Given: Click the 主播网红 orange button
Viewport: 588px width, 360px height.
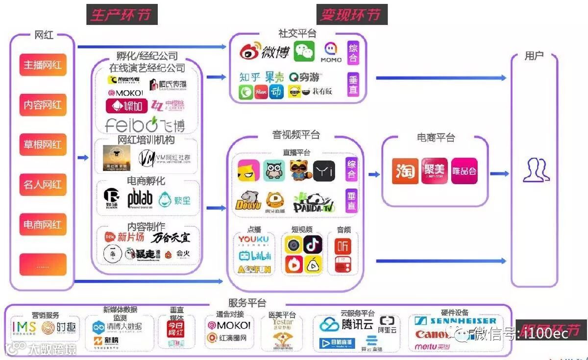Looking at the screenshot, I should pos(43,65).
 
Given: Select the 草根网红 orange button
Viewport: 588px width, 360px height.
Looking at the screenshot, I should pos(43,145).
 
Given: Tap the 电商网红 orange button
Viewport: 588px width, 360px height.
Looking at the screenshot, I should pos(43,225).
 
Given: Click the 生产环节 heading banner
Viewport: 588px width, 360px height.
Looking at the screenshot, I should pos(122,15).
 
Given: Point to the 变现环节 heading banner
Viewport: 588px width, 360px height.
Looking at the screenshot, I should pos(351,15).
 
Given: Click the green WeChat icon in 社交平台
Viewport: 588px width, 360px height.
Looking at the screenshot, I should pos(304,51).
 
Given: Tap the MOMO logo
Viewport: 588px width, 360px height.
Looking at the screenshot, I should pos(331,52).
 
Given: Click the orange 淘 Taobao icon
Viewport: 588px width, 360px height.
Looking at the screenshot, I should pos(405,171).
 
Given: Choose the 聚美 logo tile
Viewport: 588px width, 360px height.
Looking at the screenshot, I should pos(434,171).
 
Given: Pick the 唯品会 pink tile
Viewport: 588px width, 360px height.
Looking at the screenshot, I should pos(464,171).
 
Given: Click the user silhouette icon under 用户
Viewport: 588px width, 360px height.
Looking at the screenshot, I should pos(536,170).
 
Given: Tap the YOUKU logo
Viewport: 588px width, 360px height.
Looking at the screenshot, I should pos(253,240).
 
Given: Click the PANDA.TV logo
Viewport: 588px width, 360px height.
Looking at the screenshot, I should pos(314,202).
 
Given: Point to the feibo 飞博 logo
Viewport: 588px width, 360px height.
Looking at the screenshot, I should pos(146,124).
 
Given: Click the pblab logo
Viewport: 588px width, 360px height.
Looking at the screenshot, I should pos(140,198).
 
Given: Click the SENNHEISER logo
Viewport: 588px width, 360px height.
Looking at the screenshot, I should pos(455,321).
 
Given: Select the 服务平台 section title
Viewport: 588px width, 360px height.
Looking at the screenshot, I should pos(247,303).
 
